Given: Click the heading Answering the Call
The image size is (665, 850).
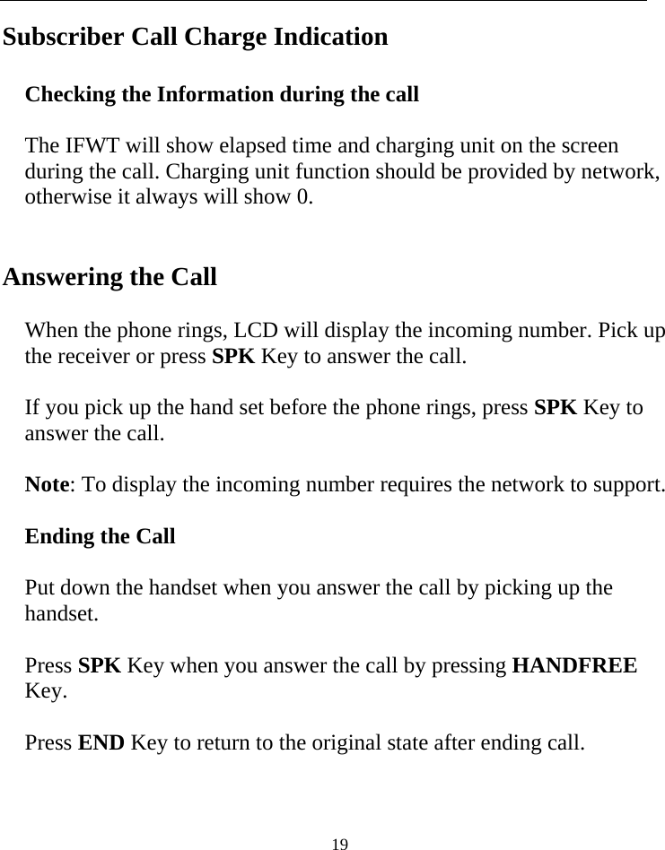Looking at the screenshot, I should (x=109, y=277).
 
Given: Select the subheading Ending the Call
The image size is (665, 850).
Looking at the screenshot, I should (x=100, y=537).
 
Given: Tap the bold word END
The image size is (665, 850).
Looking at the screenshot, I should (x=102, y=743).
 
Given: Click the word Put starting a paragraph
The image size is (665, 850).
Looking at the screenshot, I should (x=39, y=589).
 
